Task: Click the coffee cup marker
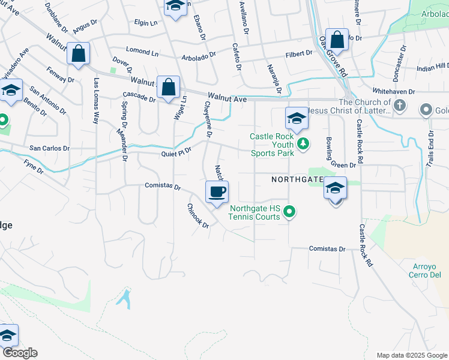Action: click(217, 192)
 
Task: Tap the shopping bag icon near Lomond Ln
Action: click(78, 53)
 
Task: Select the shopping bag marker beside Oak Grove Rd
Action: click(337, 40)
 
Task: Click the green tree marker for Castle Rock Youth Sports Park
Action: click(304, 143)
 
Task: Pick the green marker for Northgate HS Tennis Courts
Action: click(289, 212)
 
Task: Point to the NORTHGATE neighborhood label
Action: click(298, 179)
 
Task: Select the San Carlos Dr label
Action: click(50, 148)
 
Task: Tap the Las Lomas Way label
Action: click(95, 100)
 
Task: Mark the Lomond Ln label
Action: click(142, 52)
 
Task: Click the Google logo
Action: click(19, 353)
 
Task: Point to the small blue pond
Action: click(125, 299)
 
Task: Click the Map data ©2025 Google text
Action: click(411, 355)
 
